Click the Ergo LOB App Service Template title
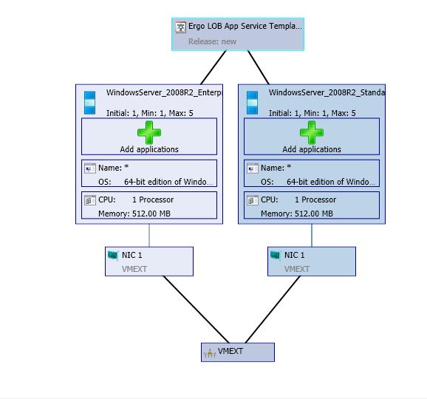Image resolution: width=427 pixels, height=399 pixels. [x=245, y=27]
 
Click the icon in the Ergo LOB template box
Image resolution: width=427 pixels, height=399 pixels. [x=180, y=27]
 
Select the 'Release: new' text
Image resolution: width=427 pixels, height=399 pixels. [x=212, y=41]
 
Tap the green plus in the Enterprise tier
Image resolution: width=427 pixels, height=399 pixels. [x=149, y=132]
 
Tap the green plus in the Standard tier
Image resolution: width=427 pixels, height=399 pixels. [x=312, y=132]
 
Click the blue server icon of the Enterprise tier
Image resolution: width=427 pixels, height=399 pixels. [x=90, y=103]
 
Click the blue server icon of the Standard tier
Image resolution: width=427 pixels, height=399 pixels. [x=253, y=103]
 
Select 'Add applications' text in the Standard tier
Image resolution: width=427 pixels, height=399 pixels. [x=312, y=149]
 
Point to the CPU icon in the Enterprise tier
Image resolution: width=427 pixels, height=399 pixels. [x=89, y=199]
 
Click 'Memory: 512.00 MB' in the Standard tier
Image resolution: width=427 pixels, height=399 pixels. [x=296, y=214]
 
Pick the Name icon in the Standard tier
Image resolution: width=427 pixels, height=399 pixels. [x=252, y=168]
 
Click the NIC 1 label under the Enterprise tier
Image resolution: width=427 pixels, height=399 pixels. [x=131, y=255]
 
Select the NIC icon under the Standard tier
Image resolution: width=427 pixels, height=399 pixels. [x=276, y=256]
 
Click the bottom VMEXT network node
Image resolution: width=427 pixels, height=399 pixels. [x=237, y=352]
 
